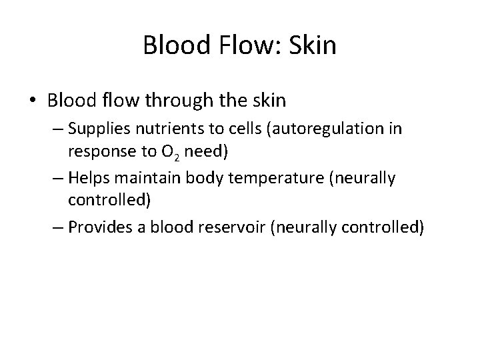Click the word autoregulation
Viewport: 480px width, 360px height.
313,129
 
